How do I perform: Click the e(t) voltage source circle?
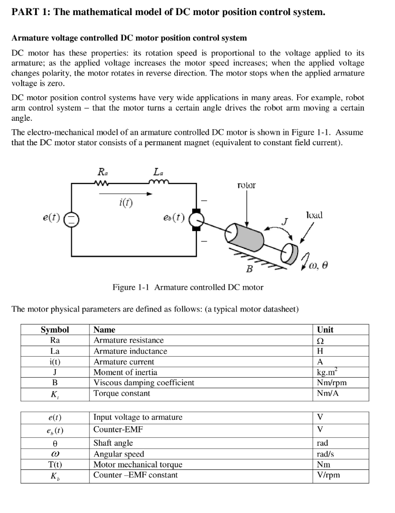pos(72,218)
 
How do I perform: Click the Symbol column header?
pos(55,330)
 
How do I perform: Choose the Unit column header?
pos(325,330)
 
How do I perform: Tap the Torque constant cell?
pos(121,393)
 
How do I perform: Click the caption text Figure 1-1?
pos(131,287)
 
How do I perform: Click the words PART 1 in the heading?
pos(30,12)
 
